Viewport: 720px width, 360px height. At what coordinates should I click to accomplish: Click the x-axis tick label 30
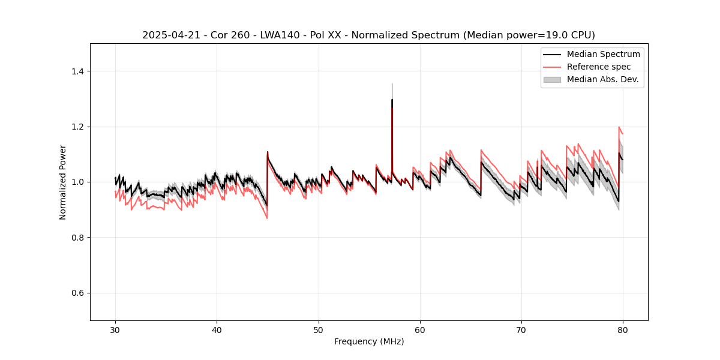tap(115, 329)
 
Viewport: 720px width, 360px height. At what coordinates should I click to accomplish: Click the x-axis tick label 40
tap(217, 329)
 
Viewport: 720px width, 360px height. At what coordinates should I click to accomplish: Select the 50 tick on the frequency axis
tap(319, 329)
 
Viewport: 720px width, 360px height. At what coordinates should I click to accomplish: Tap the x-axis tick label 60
tap(420, 329)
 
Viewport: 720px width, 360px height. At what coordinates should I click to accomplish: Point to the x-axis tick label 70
tap(521, 329)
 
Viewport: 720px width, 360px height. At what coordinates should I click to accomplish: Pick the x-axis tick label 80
tap(623, 329)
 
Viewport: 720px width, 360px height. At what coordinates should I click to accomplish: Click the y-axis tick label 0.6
tap(79, 293)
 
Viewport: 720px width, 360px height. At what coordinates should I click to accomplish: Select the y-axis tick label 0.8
tap(79, 238)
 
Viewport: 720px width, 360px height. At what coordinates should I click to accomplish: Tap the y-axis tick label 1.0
tap(79, 182)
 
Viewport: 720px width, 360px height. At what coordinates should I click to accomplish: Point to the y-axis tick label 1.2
tap(79, 127)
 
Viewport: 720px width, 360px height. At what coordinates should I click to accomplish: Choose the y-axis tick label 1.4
tap(79, 71)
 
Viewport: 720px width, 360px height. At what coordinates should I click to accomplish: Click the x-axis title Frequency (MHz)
tap(369, 341)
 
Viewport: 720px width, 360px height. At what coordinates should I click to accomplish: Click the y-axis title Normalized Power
tap(63, 182)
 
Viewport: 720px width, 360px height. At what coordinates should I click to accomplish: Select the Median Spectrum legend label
tap(603, 54)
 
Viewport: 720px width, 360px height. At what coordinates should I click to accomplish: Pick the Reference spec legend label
tap(599, 67)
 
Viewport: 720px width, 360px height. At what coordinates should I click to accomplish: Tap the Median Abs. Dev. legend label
tap(603, 79)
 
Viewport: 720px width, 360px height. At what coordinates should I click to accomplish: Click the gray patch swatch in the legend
tap(552, 79)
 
